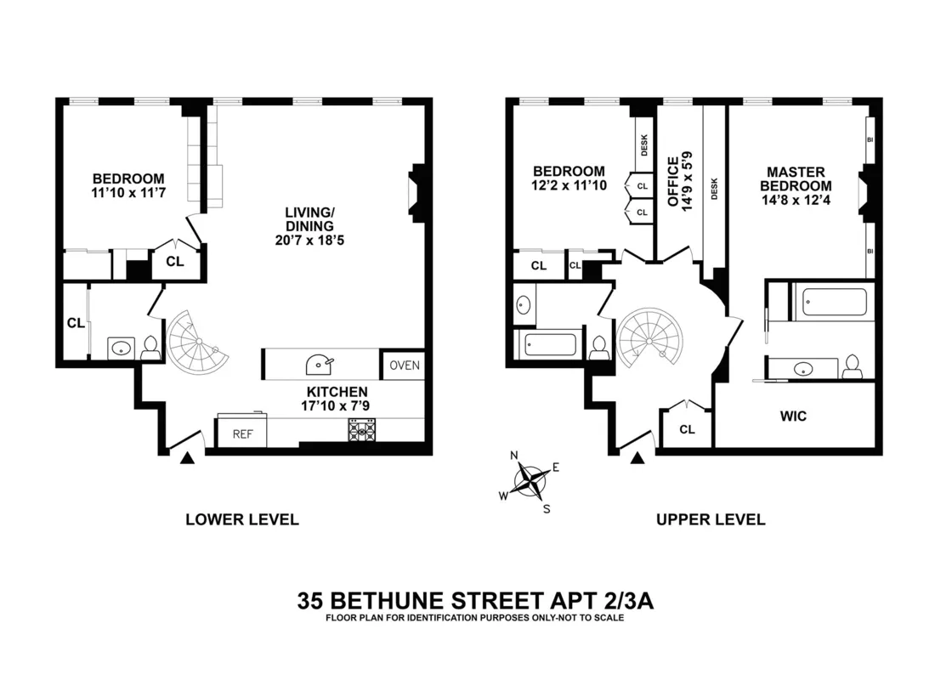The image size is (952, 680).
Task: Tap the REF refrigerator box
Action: tap(243, 433)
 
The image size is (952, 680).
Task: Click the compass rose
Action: tap(531, 482)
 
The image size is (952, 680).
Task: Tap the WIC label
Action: tap(793, 416)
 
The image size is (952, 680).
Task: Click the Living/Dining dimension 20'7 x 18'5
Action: tap(309, 241)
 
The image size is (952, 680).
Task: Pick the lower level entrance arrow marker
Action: tap(188, 459)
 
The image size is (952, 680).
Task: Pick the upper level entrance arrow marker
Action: tap(637, 459)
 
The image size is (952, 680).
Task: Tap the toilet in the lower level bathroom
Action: tap(151, 347)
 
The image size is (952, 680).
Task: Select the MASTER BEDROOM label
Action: tap(796, 178)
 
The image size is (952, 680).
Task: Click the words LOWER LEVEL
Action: tap(242, 519)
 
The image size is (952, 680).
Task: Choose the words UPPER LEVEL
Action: tap(711, 519)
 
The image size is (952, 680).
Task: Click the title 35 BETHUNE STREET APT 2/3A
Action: tap(475, 601)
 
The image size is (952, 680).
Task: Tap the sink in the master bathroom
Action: tap(802, 369)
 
